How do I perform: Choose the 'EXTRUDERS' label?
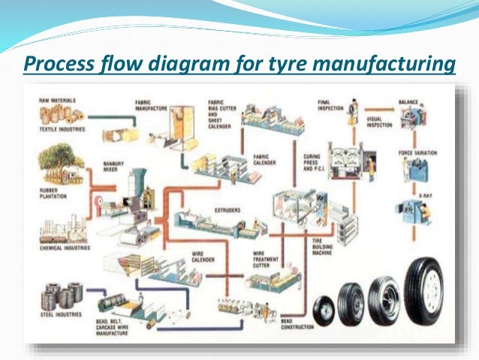pos(226,210)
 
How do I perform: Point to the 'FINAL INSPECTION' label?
pos(328,104)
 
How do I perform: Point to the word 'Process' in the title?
pos(57,65)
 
